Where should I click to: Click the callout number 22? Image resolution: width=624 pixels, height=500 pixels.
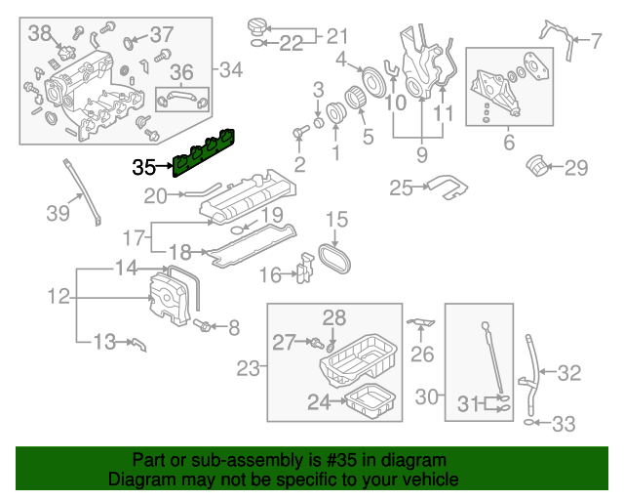[292, 43]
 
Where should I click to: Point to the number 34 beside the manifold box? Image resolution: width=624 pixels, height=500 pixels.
[230, 69]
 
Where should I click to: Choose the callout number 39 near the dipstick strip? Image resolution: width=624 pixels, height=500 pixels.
[58, 210]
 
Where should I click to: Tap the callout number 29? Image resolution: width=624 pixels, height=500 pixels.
[576, 168]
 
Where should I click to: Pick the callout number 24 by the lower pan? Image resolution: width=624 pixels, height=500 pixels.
[319, 400]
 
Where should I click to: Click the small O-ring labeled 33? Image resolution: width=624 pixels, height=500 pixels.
[530, 424]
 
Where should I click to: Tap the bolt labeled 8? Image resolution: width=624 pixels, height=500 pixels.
[206, 326]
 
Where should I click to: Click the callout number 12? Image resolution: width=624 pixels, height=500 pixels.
[58, 296]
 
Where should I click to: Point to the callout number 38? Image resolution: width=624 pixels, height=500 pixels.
[40, 34]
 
